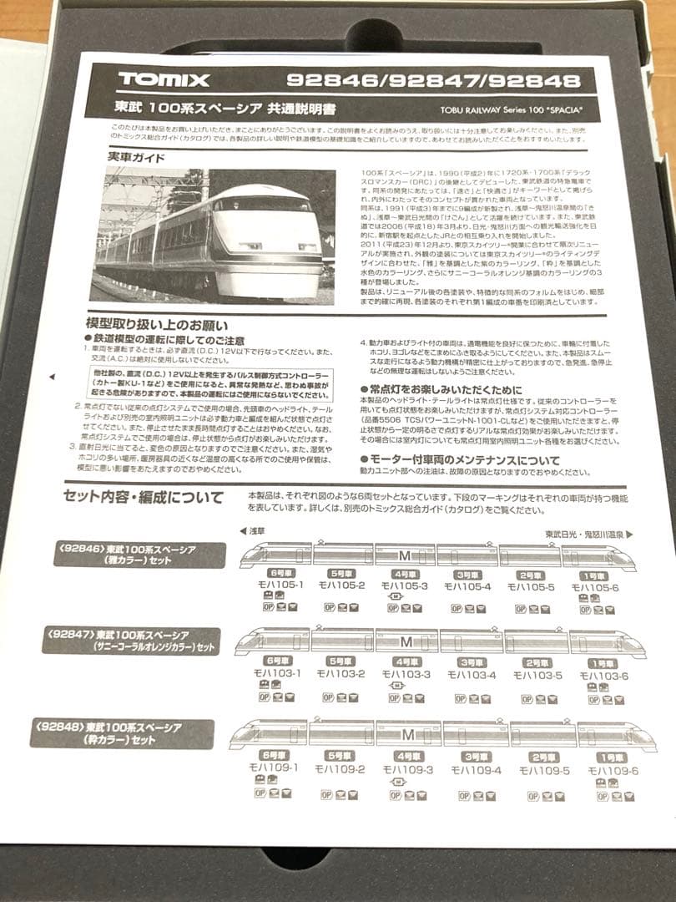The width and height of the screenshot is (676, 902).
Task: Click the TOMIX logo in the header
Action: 164,79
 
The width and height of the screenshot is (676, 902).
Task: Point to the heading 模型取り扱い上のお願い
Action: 157,324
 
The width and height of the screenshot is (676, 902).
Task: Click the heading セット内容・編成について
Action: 144,498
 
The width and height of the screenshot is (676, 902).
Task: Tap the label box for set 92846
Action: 139,554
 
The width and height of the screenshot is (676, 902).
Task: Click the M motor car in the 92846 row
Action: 405,553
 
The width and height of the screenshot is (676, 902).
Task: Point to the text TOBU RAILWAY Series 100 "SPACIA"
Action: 510,110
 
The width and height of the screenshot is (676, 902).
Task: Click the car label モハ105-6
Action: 595,587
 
